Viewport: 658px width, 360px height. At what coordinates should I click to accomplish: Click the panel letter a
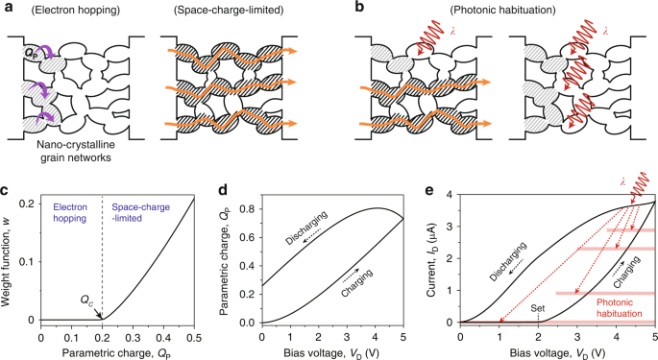[8, 9]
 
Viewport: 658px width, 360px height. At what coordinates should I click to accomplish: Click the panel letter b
[337, 9]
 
